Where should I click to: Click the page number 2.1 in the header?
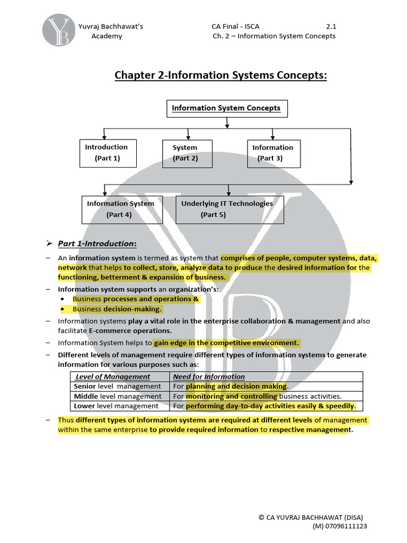331,27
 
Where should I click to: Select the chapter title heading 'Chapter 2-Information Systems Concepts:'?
221,76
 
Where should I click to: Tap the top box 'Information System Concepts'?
226,109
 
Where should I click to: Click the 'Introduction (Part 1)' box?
107,153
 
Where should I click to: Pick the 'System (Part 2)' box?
187,153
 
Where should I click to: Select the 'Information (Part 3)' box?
273,153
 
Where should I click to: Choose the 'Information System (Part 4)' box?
121,209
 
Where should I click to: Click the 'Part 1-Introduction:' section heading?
97,243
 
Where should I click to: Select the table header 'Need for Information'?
209,376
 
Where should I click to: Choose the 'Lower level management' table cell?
116,406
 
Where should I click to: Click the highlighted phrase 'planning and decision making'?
236,386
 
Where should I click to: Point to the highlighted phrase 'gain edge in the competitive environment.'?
226,343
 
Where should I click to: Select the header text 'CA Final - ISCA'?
235,27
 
